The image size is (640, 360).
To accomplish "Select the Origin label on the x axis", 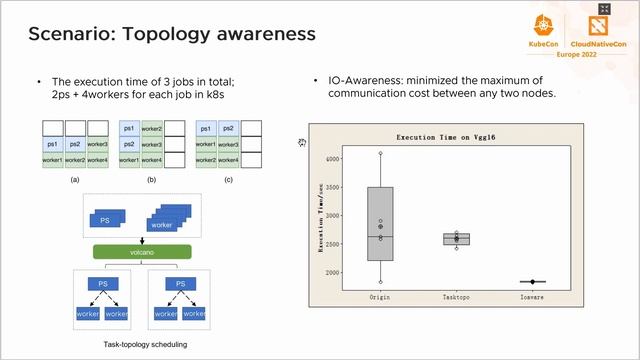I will [380, 297].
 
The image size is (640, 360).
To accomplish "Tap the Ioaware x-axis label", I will [532, 297].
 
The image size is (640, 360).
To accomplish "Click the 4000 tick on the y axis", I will [332, 159].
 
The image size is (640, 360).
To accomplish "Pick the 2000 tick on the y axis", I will [332, 272].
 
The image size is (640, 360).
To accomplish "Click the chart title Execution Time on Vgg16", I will [456, 136].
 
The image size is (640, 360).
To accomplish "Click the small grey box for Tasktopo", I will [456, 239].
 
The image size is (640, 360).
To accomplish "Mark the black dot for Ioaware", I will [533, 282].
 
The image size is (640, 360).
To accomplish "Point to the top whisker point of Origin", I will [380, 153].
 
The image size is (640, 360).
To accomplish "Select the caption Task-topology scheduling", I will [145, 344].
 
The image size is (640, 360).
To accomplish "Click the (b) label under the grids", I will [152, 179].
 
